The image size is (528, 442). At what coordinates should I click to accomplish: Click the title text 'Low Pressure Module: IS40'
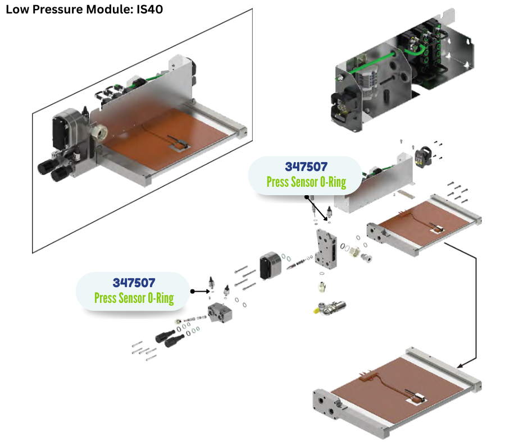[x=84, y=10]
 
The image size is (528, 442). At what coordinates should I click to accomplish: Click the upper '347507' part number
[x=306, y=167]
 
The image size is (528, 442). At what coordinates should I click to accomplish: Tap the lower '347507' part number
[x=134, y=282]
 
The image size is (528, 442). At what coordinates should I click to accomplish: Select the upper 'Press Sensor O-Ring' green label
[x=306, y=182]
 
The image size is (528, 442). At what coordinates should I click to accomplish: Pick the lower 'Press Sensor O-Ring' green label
[x=134, y=298]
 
